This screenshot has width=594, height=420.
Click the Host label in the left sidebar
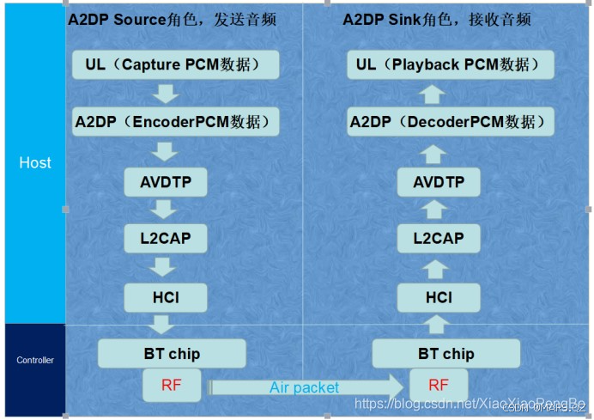point(35,162)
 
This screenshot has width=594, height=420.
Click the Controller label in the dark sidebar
point(35,361)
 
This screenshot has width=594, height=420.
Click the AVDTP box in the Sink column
point(439,182)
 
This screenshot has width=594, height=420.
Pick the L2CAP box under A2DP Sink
point(439,238)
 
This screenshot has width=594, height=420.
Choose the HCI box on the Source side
point(166,297)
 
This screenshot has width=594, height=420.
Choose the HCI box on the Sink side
point(439,297)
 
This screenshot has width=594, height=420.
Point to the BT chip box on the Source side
point(172,354)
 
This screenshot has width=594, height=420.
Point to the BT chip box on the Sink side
point(445,354)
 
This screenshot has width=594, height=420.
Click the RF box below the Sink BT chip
point(439,386)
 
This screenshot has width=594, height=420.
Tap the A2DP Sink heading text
point(438,19)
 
